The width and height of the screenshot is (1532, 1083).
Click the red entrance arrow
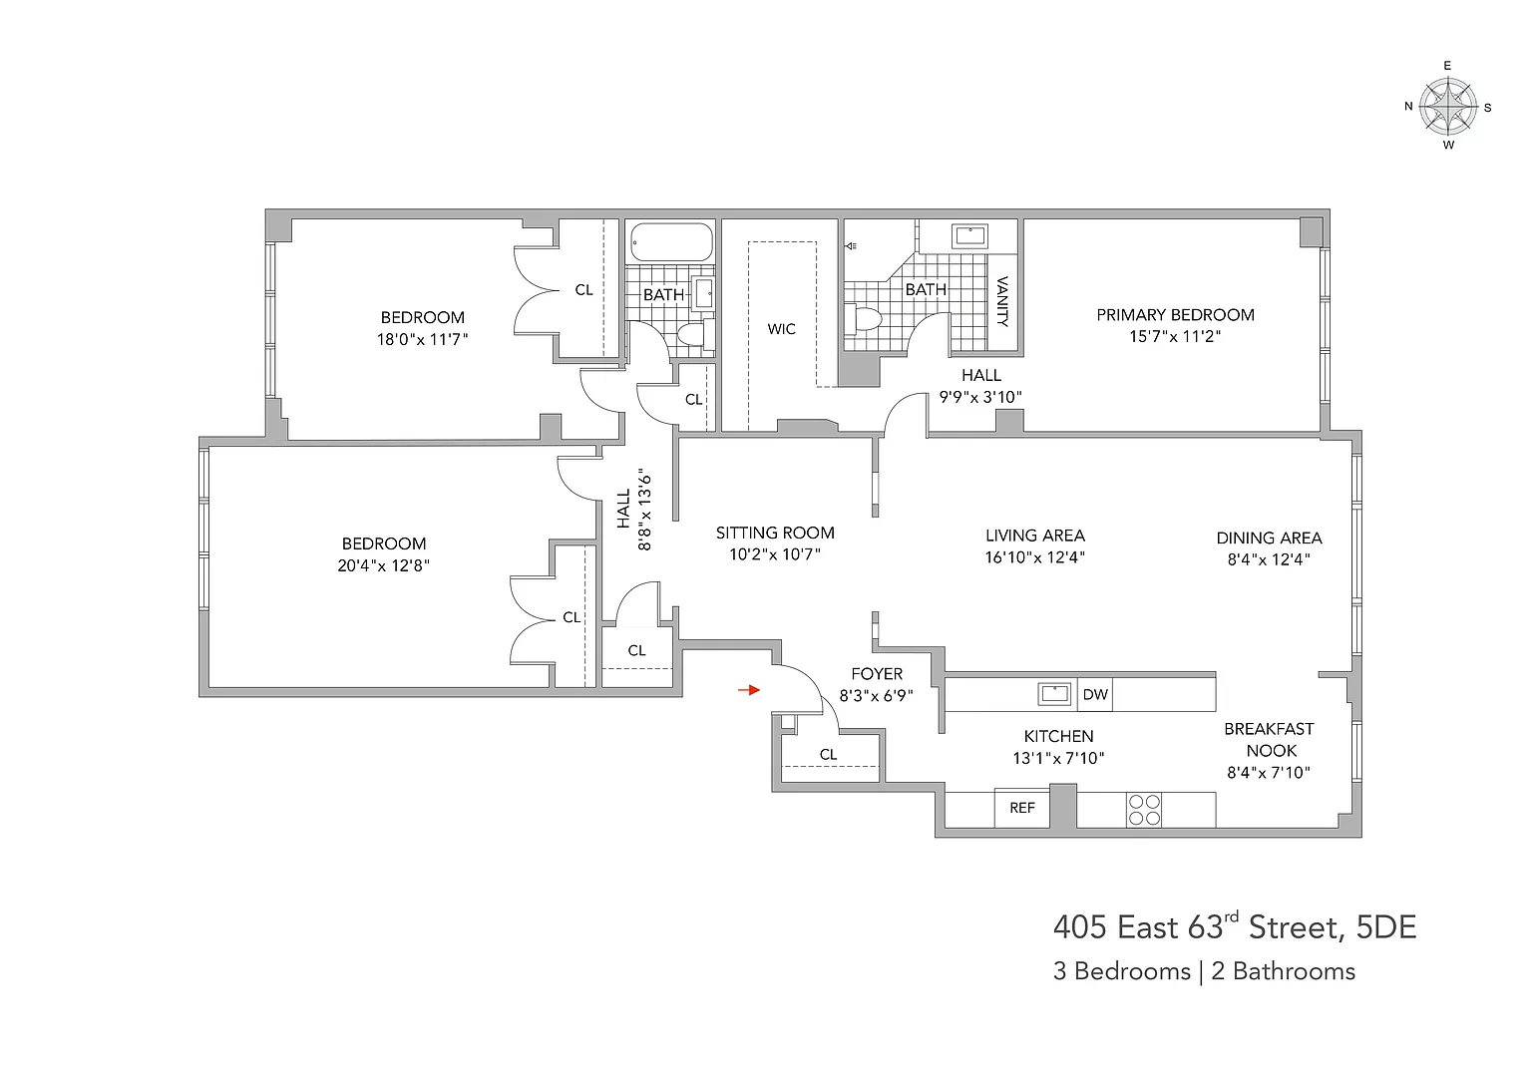pos(749,690)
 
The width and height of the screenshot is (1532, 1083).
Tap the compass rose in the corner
pos(1447,106)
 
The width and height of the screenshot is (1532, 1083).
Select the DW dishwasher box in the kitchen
pos(1094,694)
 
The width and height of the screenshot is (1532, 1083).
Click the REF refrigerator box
pos(1021,808)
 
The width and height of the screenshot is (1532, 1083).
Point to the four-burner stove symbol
pos(1144,810)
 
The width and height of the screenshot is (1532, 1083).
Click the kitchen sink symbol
pos(1054,693)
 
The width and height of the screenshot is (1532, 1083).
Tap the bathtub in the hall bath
pos(671,241)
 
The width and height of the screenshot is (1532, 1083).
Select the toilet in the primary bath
pos(862,318)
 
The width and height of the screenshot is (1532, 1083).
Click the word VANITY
pos(1002,301)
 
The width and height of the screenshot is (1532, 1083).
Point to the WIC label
pos(781,329)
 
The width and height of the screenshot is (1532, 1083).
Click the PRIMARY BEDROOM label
pos(1175,314)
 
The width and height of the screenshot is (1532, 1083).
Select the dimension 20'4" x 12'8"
pos(383,565)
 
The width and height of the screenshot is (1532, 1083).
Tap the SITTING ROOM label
pos(775,533)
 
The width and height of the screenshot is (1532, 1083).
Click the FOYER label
pos(877,674)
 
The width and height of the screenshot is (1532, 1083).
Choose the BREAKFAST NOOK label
pos(1270,740)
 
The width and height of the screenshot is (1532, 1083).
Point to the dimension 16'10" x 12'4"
pos(1034,557)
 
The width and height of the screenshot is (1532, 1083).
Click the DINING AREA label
pos(1269,539)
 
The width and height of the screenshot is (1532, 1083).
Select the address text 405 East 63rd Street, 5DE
pos(1235,926)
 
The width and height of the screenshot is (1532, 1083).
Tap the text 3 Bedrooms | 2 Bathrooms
pos(1204,971)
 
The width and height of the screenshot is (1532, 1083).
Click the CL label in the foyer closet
pos(828,754)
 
